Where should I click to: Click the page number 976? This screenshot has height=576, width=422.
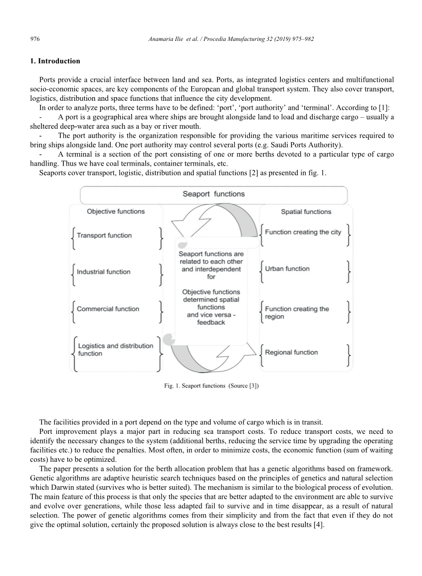(x=34, y=39)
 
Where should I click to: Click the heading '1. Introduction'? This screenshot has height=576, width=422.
(x=55, y=61)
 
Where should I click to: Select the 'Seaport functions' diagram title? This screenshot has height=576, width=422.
(x=213, y=194)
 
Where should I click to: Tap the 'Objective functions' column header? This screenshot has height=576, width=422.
(x=116, y=211)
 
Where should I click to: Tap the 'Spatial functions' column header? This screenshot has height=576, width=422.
(x=306, y=212)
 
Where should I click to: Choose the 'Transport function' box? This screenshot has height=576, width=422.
(x=104, y=236)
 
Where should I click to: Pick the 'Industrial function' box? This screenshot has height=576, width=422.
(x=104, y=272)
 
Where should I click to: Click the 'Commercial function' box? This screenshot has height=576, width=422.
(x=108, y=309)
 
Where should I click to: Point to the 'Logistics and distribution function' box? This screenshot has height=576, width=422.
(x=115, y=350)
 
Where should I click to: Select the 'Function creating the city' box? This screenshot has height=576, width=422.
(x=303, y=232)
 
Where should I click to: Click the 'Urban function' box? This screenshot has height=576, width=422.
(x=287, y=269)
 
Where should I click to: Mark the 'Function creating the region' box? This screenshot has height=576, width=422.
(x=297, y=313)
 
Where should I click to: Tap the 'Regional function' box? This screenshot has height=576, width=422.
(x=291, y=353)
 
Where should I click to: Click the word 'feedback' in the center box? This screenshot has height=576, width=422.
(x=211, y=323)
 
